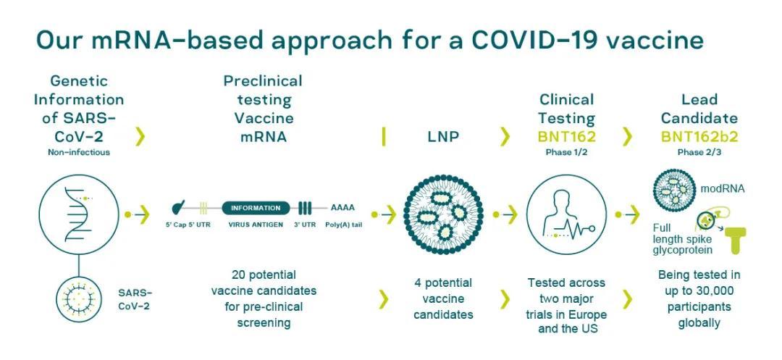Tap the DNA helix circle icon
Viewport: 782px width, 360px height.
point(79,214)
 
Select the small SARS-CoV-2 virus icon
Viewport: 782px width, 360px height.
point(79,299)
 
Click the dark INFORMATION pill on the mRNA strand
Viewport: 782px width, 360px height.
point(256,208)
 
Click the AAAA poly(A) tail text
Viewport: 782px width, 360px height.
point(342,208)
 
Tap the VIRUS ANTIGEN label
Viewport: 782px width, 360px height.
point(256,225)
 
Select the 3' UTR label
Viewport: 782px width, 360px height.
point(305,225)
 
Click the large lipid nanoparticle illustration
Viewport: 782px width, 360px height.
point(443,214)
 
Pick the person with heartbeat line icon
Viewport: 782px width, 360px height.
point(566,214)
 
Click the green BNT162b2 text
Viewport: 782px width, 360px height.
point(699,137)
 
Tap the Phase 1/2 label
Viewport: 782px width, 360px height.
point(566,153)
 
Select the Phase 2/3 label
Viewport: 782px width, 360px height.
point(699,153)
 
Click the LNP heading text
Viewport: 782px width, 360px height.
point(443,137)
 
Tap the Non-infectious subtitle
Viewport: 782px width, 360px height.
point(79,152)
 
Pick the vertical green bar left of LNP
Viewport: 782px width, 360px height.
point(384,137)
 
